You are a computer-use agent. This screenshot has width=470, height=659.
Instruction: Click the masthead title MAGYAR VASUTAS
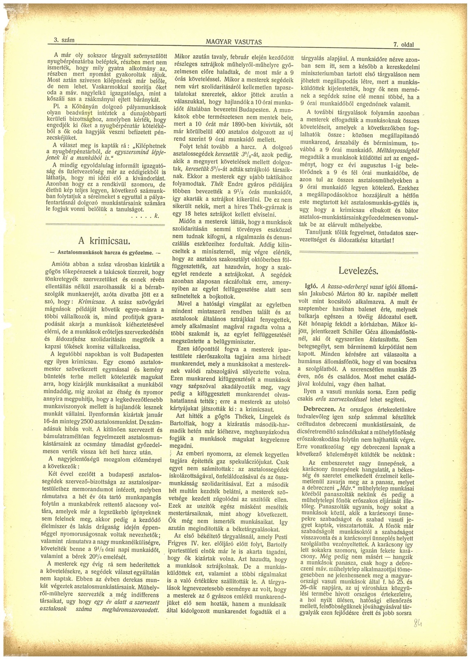coord(234,42)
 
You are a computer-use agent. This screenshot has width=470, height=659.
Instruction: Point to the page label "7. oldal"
coord(404,45)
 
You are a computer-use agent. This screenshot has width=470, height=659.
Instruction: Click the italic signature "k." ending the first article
coord(156,216)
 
